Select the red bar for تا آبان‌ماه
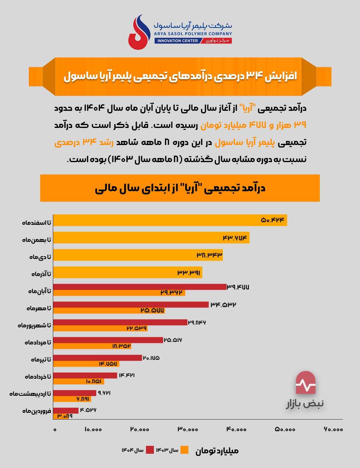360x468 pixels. pyautogui.click(x=139, y=287)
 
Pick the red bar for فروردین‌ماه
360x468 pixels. pyautogui.click(x=66, y=410)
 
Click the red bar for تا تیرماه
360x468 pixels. pyautogui.click(x=97, y=358)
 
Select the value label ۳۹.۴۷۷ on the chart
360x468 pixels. pyautogui.click(x=238, y=287)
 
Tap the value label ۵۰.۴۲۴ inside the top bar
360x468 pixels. pyautogui.click(x=273, y=220)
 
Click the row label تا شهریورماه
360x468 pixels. pyautogui.click(x=35, y=326)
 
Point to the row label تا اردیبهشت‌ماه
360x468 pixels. pyautogui.click(x=30, y=394)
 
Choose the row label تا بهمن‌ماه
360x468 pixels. pyautogui.click(x=37, y=240)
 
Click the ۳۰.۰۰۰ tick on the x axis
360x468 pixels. pyautogui.click(x=188, y=429)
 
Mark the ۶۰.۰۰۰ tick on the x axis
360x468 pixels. pyautogui.click(x=333, y=429)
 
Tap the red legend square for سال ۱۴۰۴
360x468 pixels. pyautogui.click(x=150, y=450)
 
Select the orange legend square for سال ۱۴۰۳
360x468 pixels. pyautogui.click(x=184, y=450)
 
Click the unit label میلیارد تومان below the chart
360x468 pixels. pyautogui.click(x=217, y=451)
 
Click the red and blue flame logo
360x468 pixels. pyautogui.click(x=139, y=32)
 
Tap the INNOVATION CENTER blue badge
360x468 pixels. pyautogui.click(x=177, y=41)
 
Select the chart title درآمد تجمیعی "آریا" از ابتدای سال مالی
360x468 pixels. pyautogui.click(x=180, y=188)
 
